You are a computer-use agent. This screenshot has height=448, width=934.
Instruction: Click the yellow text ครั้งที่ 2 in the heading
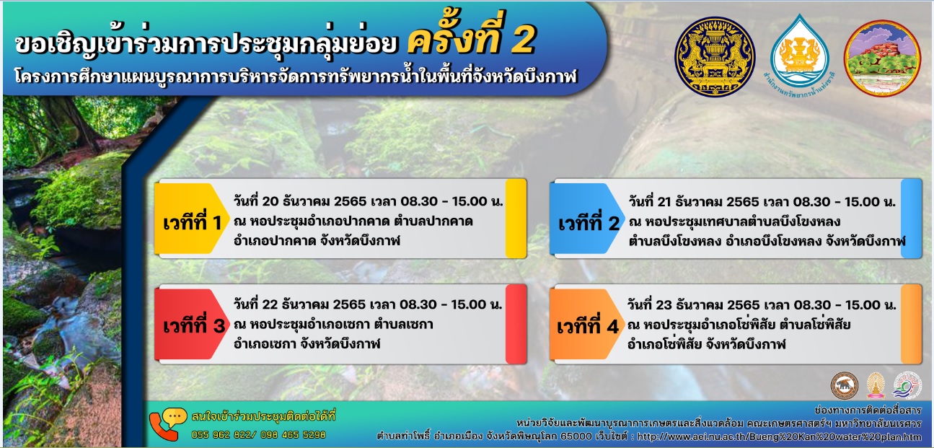[471, 37]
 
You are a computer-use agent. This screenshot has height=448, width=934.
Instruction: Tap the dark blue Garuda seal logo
[715, 57]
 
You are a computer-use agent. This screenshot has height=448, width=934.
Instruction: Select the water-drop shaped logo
[799, 52]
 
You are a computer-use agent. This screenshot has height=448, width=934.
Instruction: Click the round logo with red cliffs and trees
[883, 58]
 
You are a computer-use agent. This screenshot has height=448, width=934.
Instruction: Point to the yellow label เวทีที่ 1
[192, 223]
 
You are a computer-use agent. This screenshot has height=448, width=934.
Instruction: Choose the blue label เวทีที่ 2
[589, 224]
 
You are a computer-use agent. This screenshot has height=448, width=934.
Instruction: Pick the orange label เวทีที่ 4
[587, 326]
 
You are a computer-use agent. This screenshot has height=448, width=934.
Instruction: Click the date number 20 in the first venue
[270, 201]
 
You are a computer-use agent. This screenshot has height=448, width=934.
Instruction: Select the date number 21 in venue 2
[663, 202]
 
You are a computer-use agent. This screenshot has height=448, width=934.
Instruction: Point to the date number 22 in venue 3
[270, 304]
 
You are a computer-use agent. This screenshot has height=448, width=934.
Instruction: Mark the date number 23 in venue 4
[664, 305]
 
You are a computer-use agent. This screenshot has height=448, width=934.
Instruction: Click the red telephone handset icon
[163, 428]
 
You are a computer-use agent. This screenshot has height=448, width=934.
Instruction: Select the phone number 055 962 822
[221, 434]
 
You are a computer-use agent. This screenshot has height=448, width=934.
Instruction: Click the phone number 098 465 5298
[293, 434]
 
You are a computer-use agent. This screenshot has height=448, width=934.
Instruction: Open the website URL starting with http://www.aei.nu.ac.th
[780, 436]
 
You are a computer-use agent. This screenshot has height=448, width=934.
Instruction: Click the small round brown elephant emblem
[845, 385]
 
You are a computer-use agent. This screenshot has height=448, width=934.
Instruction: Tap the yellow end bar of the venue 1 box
[516, 218]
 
